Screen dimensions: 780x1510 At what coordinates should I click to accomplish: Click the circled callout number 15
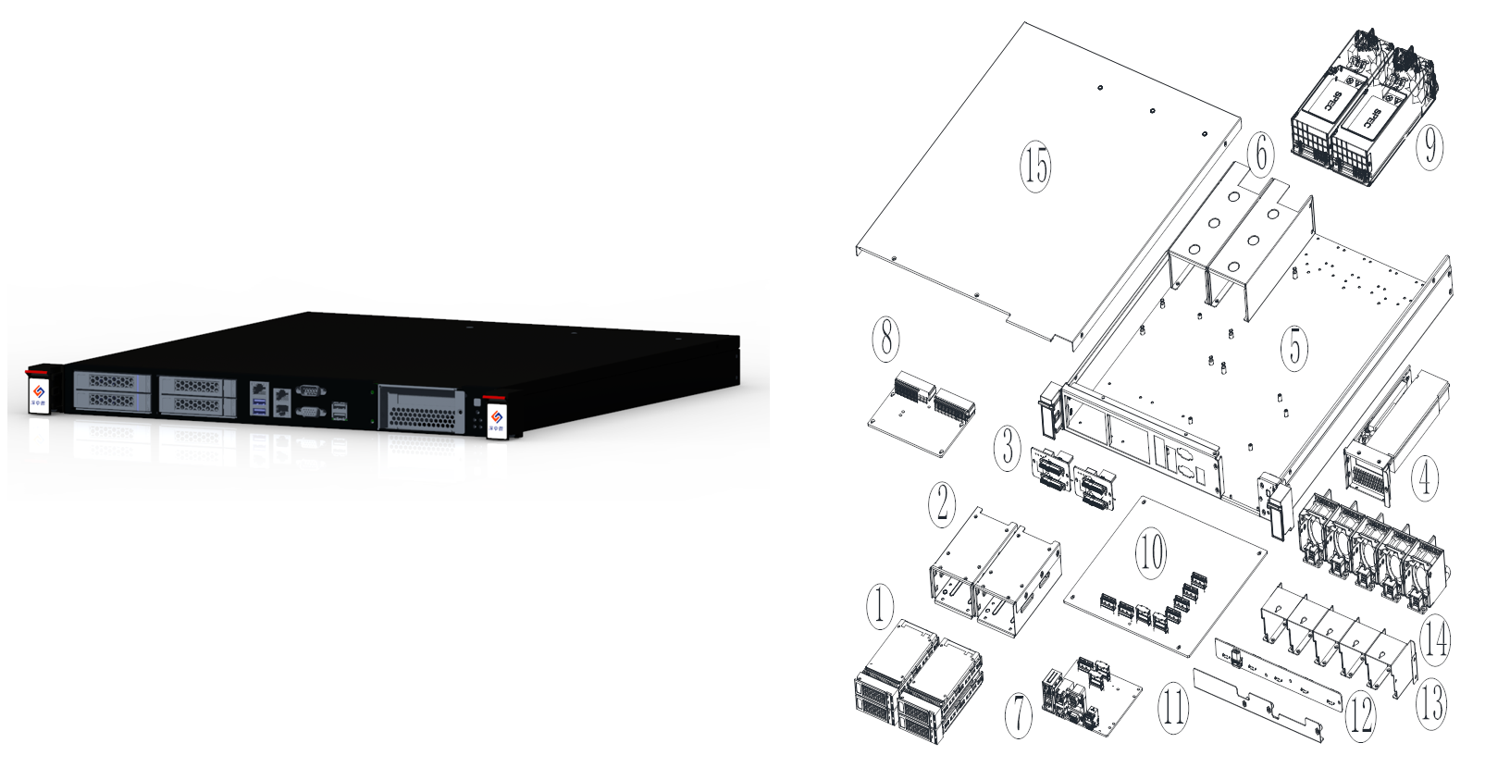click(x=1036, y=167)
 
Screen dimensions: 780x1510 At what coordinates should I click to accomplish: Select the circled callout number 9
click(x=1430, y=145)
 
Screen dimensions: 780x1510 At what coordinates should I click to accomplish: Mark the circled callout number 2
click(x=942, y=502)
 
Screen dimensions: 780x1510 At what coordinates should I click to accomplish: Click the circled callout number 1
click(x=879, y=606)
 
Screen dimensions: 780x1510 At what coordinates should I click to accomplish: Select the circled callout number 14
click(x=1434, y=638)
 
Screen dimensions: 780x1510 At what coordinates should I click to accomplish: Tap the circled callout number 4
click(x=1424, y=479)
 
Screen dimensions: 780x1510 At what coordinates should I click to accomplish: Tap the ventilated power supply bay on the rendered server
click(x=424, y=407)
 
